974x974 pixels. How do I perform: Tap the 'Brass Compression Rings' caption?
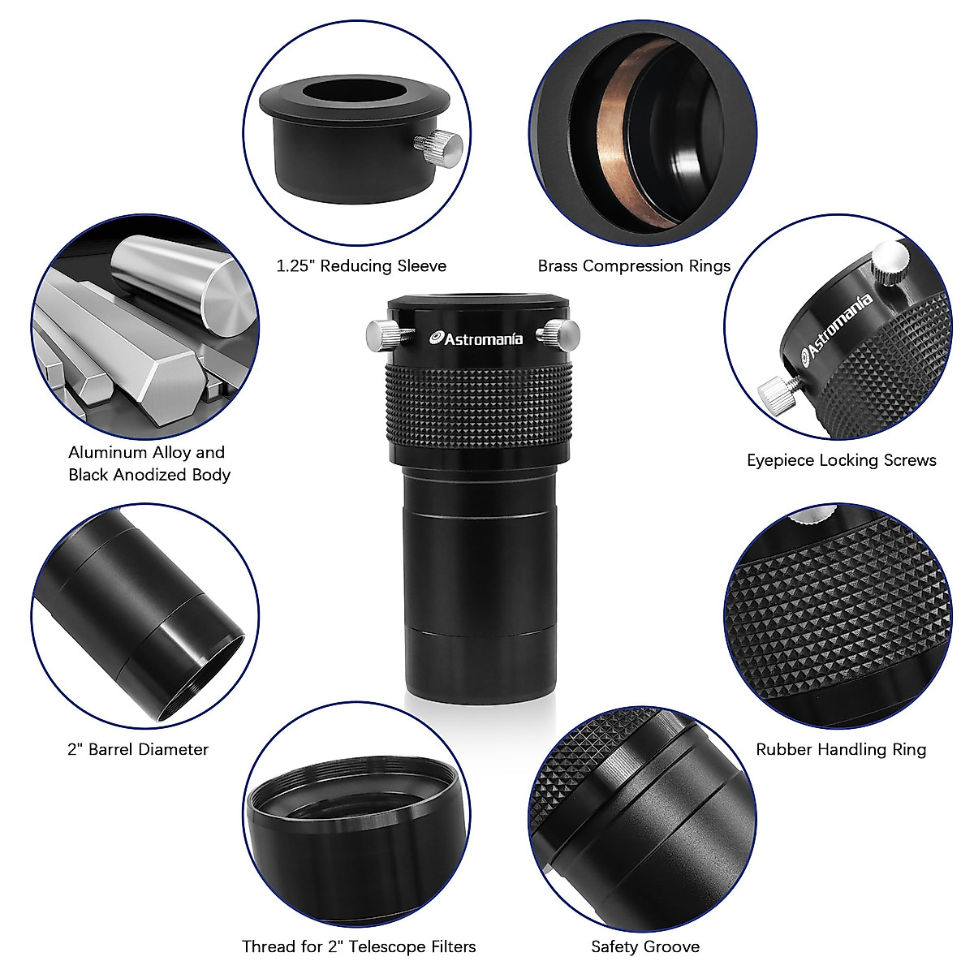click(634, 266)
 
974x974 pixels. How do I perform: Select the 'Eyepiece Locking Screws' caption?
click(841, 460)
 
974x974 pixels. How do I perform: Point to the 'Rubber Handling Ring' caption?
click(841, 748)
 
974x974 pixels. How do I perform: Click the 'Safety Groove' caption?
click(645, 946)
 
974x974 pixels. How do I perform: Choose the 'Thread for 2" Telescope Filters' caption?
click(359, 946)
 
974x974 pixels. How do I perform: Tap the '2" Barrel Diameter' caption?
click(137, 749)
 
